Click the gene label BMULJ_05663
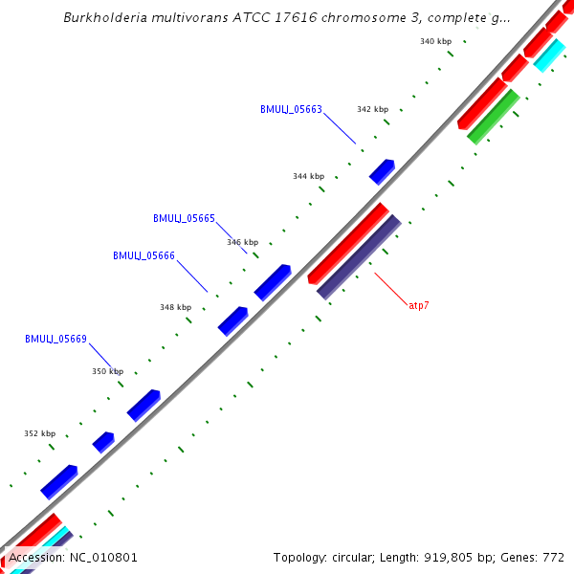[x=291, y=109]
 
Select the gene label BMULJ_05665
[x=184, y=218]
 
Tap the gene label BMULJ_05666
[x=143, y=255]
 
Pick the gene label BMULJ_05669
[x=55, y=339]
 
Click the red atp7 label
[x=418, y=305]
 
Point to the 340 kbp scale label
[x=435, y=41]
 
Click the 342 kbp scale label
[x=372, y=109]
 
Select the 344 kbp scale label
[x=308, y=176]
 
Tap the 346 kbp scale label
[x=243, y=242]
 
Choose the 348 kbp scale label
[x=175, y=307]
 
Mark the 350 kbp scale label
[x=107, y=371]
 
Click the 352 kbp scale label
[x=39, y=433]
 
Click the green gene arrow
[x=494, y=117]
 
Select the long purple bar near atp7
[x=359, y=256]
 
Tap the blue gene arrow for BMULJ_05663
[x=382, y=171]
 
